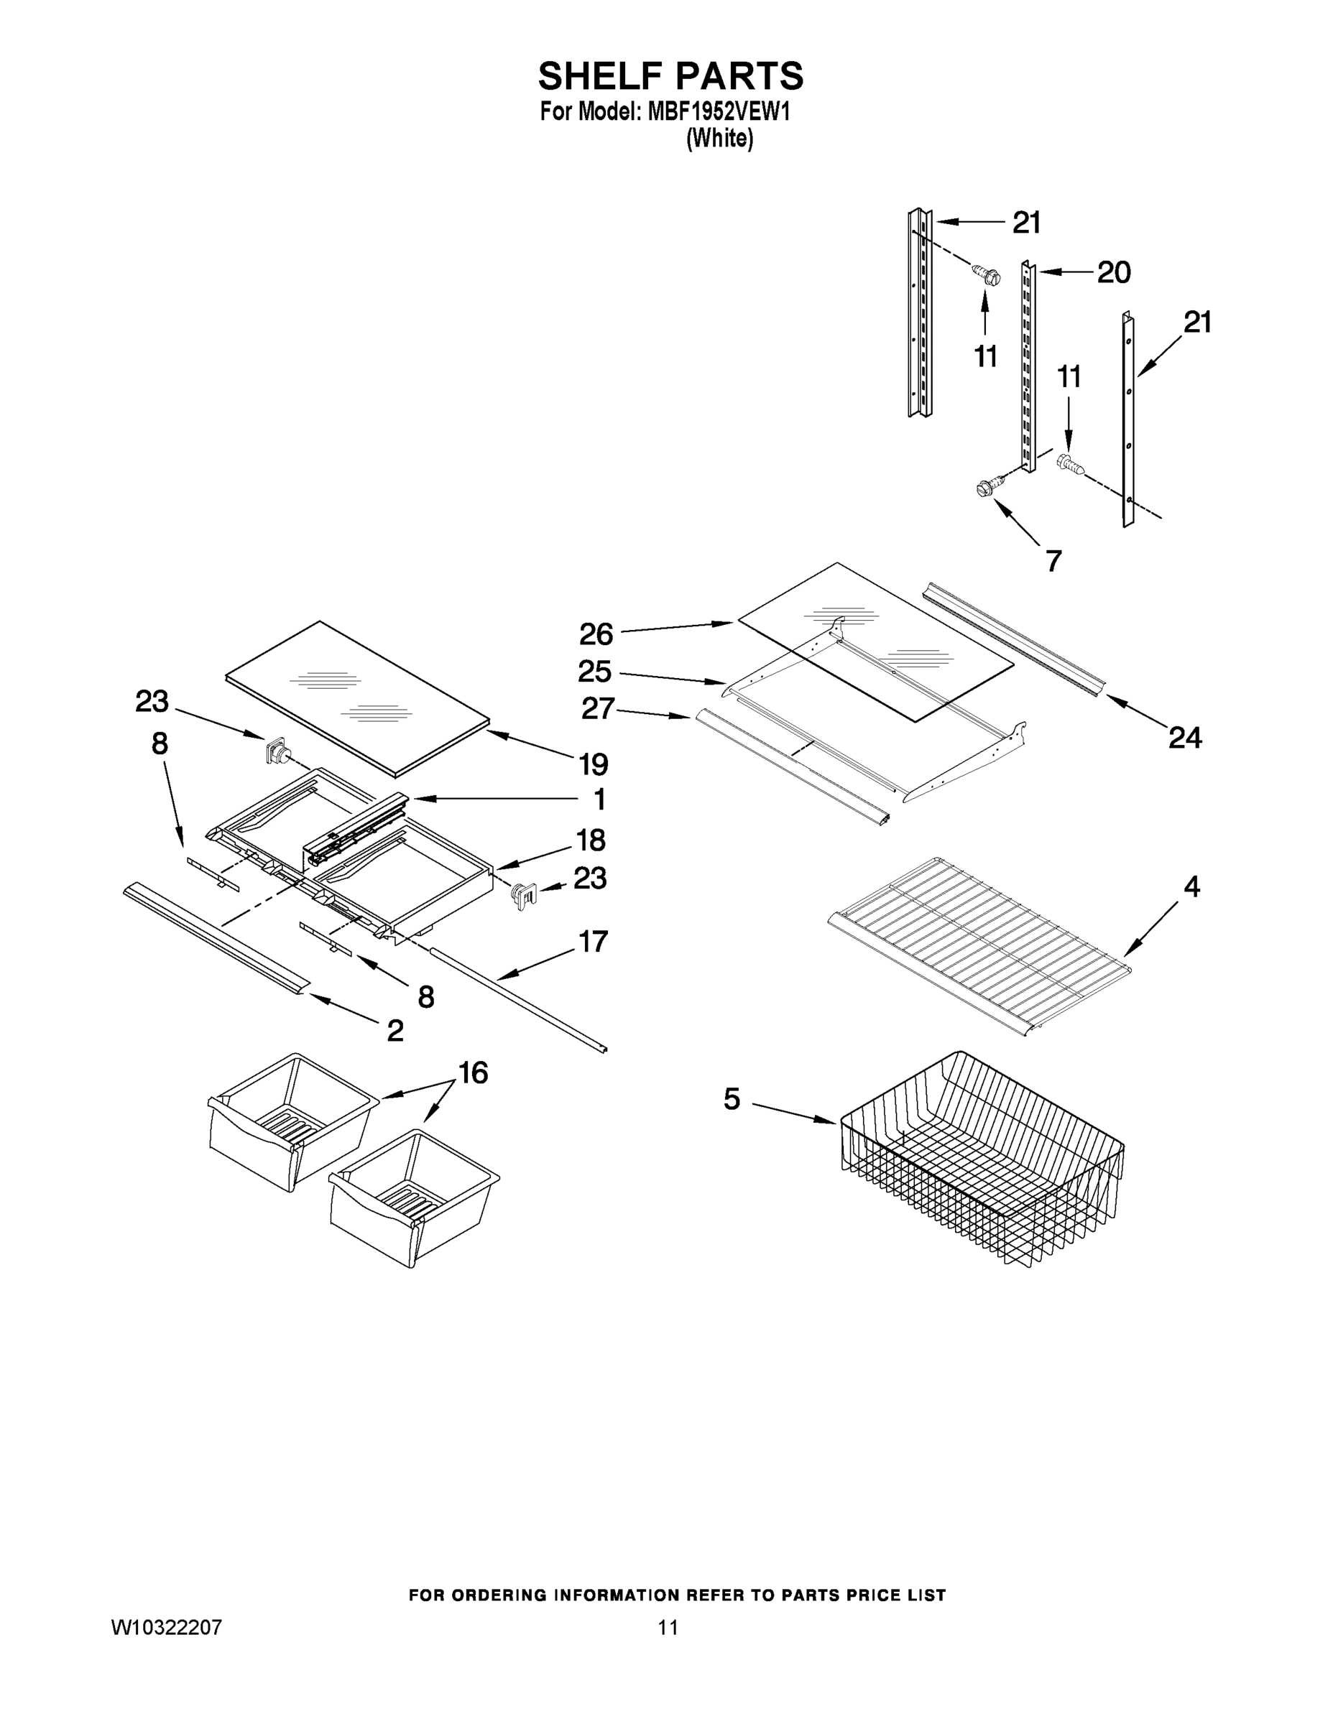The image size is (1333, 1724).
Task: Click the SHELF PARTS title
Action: [670, 77]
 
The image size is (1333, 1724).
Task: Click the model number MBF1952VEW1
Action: [719, 112]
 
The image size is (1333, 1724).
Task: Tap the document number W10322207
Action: [167, 1627]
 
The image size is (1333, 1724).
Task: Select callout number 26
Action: [596, 634]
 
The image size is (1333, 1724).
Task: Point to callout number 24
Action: [1184, 738]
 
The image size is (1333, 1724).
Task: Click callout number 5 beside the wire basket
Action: [732, 1099]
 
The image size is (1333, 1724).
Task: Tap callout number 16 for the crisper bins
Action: [473, 1072]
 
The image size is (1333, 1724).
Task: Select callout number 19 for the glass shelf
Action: [593, 764]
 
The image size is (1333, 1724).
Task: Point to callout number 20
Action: [1113, 272]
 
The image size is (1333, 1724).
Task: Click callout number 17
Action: [593, 941]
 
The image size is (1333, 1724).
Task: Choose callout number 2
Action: [395, 1030]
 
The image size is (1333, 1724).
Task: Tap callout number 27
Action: [598, 708]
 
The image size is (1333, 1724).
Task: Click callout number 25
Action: [594, 672]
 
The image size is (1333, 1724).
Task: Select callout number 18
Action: [591, 840]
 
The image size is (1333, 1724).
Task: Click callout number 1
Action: [599, 799]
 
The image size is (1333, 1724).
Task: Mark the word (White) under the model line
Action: [719, 139]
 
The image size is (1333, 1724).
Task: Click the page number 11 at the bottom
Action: [668, 1627]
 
